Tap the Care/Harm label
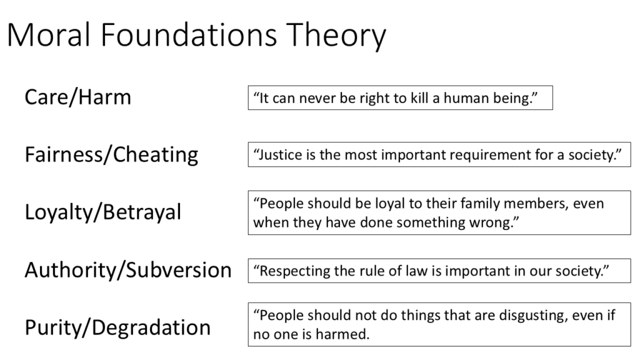(77, 97)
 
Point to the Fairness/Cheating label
(111, 154)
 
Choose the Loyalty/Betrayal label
(102, 212)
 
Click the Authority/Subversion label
(127, 270)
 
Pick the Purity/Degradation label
(117, 327)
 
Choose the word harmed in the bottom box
(347, 334)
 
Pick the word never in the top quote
(317, 98)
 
